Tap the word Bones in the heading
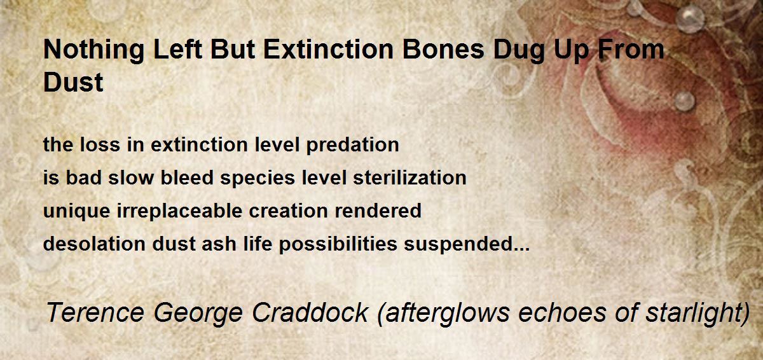click(443, 49)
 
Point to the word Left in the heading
click(178, 49)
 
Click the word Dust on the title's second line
click(73, 82)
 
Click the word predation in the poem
click(352, 146)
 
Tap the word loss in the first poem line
click(100, 144)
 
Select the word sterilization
click(409, 177)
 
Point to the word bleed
click(187, 177)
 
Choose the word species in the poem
click(258, 179)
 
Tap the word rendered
click(378, 211)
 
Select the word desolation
click(94, 244)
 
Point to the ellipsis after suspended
click(521, 249)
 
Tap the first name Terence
click(95, 312)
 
